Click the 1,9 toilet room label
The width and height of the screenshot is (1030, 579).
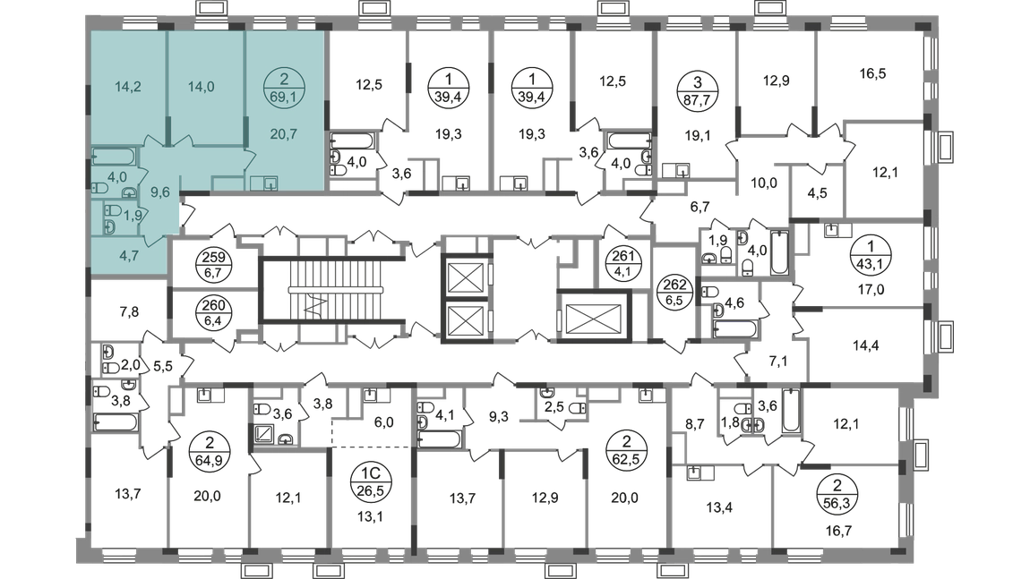[130, 215]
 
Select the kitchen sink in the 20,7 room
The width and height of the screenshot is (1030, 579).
[264, 183]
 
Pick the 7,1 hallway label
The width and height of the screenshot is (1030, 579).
[777, 362]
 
